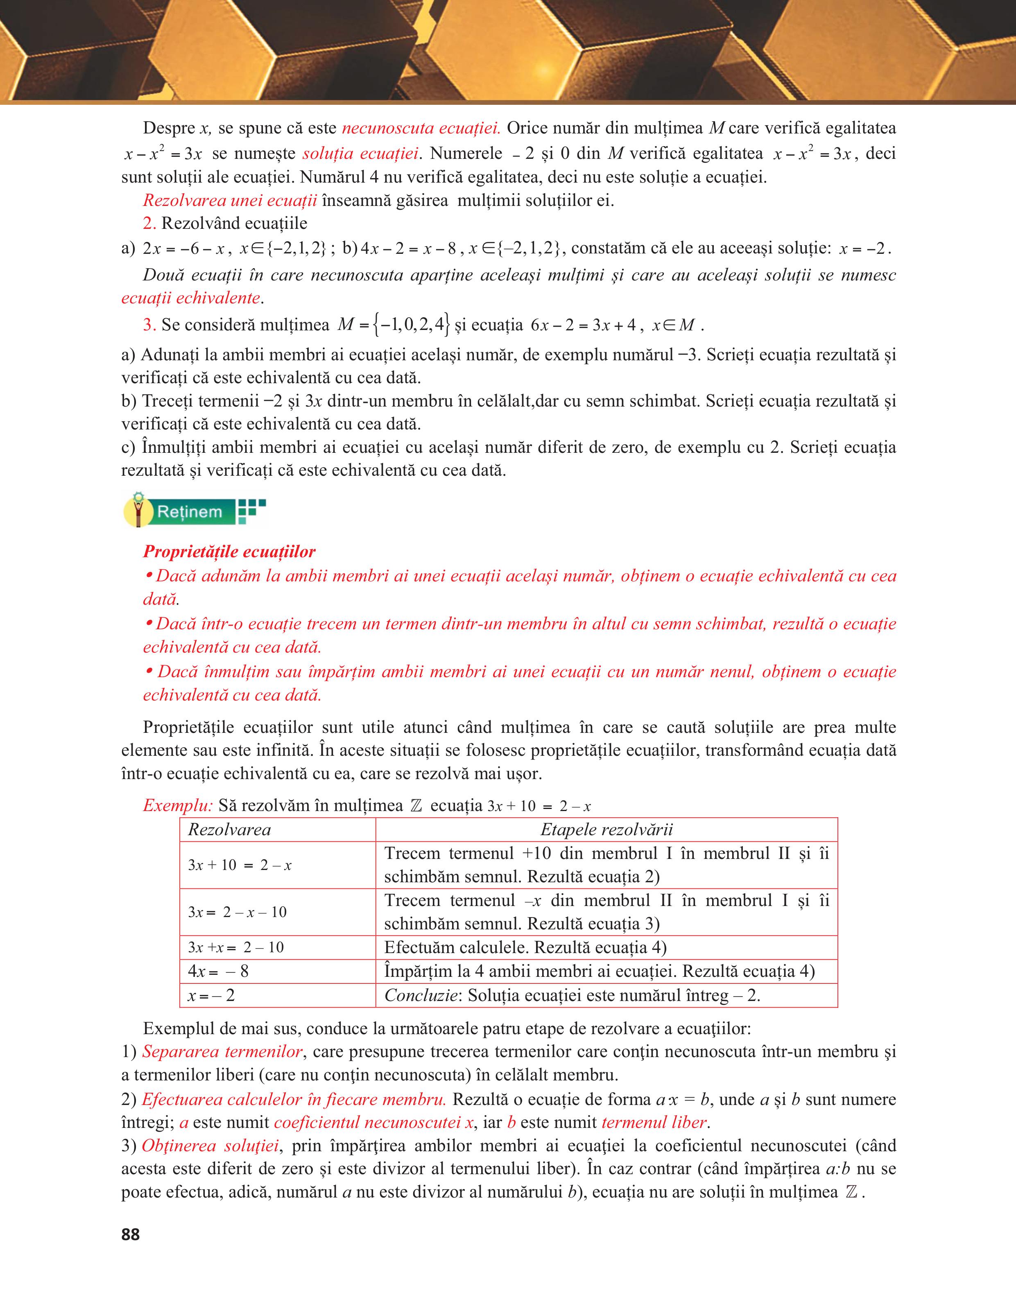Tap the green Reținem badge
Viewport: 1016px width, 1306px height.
click(190, 512)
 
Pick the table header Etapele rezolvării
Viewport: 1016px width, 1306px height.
click(606, 829)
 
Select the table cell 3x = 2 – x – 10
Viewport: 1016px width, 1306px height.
click(238, 912)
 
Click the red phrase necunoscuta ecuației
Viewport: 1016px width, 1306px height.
click(421, 128)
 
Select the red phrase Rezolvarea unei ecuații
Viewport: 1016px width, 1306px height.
click(230, 200)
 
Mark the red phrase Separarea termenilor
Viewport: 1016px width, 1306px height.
click(222, 1052)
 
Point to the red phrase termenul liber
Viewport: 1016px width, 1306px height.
click(655, 1123)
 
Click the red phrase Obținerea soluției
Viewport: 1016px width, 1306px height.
click(210, 1146)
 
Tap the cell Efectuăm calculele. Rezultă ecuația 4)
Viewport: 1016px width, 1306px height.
click(525, 948)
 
